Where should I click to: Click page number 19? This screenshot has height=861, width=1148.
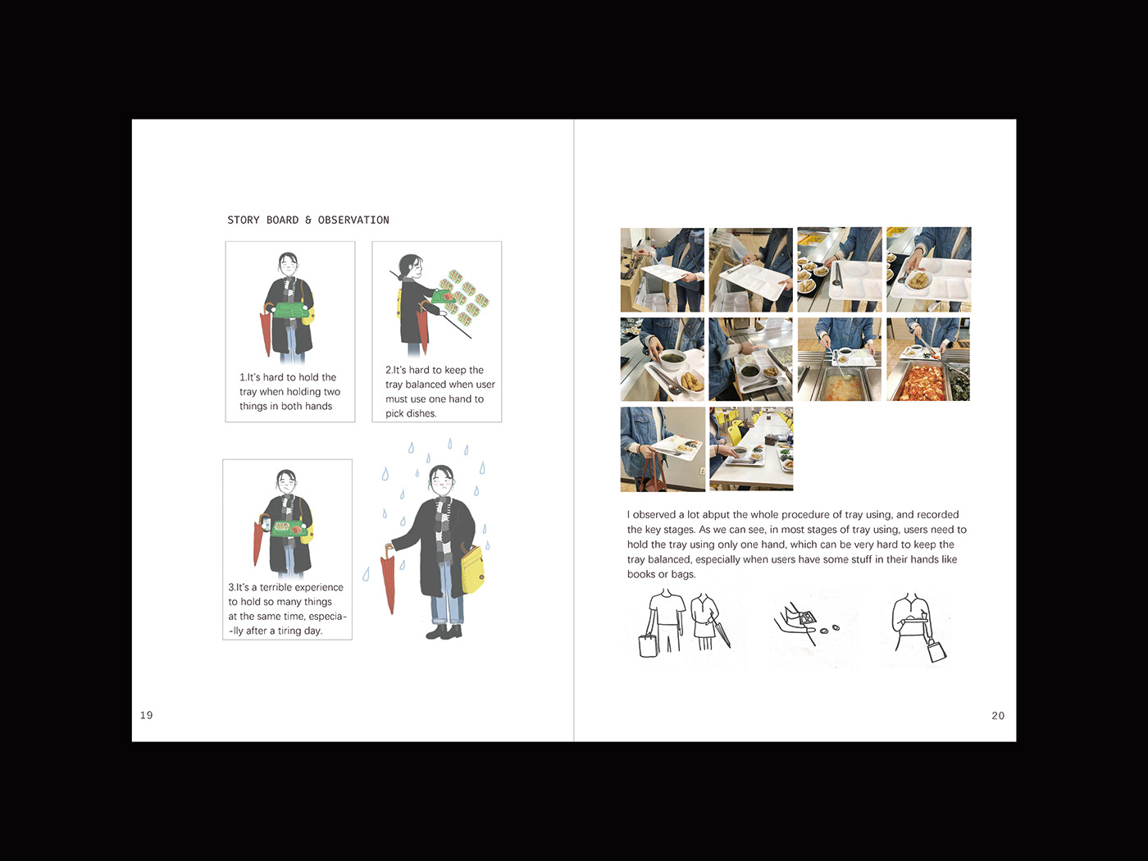(147, 715)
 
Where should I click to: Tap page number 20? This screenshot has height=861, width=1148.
(998, 716)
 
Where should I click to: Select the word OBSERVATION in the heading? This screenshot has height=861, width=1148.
(353, 220)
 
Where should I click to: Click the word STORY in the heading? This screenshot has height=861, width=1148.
(244, 220)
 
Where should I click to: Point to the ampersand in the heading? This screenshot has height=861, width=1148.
(308, 220)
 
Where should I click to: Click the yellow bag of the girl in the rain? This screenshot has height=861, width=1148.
(473, 568)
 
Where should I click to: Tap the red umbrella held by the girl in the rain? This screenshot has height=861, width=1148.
(388, 577)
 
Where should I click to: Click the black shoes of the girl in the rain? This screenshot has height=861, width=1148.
(444, 632)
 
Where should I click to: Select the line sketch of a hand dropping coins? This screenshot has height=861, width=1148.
(805, 622)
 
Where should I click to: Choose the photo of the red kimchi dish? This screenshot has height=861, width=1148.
(928, 360)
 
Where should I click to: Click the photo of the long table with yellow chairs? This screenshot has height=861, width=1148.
(751, 449)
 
